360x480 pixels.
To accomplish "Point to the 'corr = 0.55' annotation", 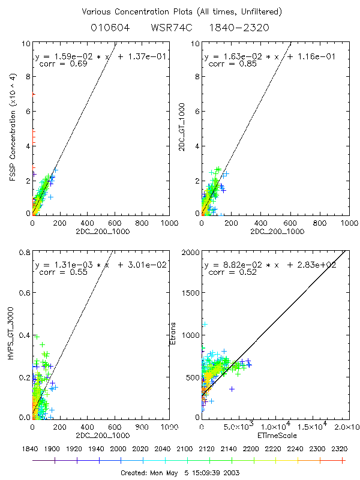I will [x=57, y=272].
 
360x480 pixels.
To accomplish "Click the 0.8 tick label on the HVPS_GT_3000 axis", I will [x=24, y=254].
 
